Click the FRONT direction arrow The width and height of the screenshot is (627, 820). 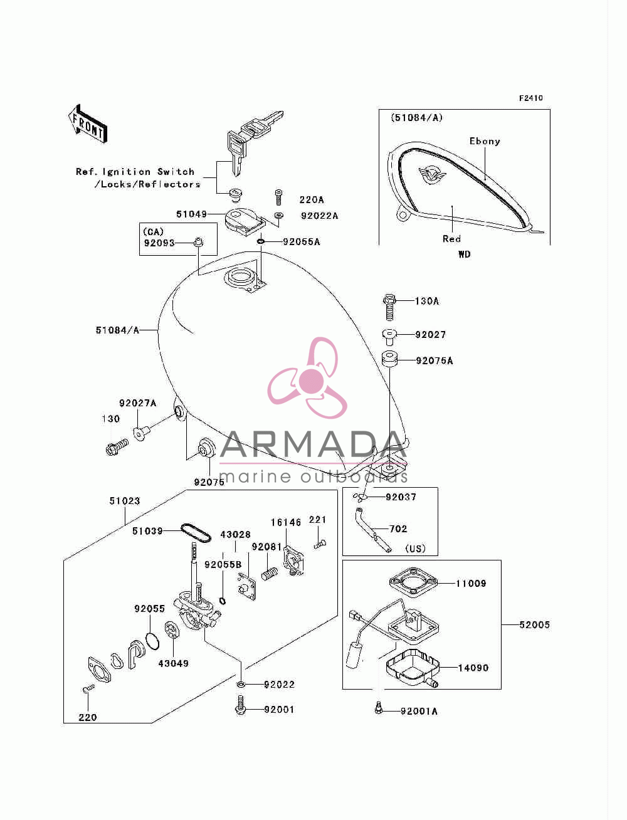point(88,124)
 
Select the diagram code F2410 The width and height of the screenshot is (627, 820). point(530,98)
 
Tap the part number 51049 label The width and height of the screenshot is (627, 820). point(191,214)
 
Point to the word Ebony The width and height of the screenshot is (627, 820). point(485,141)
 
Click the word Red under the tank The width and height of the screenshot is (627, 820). point(452,239)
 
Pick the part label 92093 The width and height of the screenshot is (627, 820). point(159,243)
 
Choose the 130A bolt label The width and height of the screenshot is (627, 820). point(427,301)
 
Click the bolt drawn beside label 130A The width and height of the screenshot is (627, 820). point(389,307)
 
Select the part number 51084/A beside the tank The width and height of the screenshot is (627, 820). point(117,330)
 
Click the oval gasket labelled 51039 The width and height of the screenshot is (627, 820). point(196,533)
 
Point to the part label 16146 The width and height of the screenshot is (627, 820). point(286,523)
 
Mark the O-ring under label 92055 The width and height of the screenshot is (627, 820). point(152,641)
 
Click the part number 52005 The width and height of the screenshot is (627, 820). point(535,625)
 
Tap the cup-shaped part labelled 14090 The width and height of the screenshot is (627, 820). point(412,669)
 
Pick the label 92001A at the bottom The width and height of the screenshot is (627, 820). point(419,712)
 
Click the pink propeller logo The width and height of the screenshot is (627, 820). point(307,378)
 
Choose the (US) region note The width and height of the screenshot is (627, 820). point(416,549)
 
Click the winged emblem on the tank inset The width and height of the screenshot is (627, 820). point(431,174)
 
